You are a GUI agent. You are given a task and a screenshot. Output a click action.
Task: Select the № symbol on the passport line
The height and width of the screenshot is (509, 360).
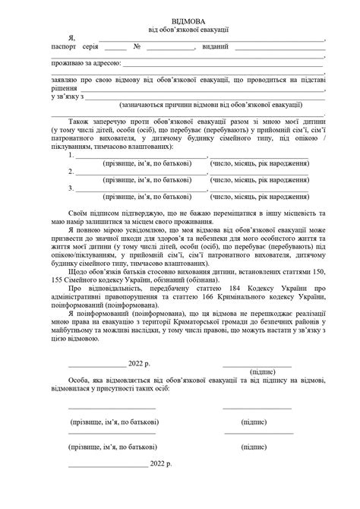137,48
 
